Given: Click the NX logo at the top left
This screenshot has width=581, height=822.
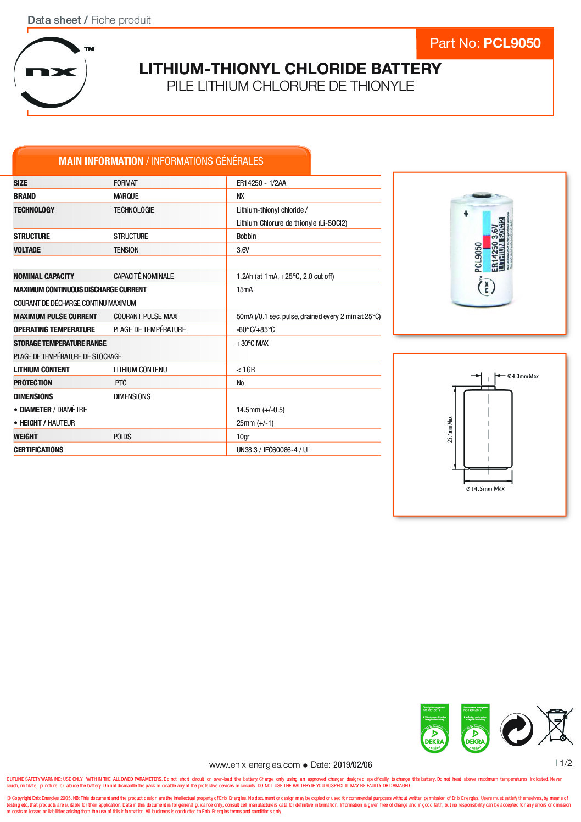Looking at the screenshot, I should click(51, 72).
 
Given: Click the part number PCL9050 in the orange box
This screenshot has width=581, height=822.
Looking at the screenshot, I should click(512, 43).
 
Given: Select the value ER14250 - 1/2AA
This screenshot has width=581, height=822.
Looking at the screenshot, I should click(261, 183).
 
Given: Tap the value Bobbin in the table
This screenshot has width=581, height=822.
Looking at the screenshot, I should click(246, 236).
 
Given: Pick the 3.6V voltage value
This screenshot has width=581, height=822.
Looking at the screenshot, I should click(243, 250).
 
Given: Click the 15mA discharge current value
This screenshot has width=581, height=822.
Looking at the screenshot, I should click(244, 289).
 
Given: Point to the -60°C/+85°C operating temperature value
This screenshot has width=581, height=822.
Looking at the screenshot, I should click(255, 329).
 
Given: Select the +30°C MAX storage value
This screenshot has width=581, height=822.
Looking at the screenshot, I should click(253, 343).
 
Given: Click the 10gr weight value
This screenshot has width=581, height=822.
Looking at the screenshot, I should click(243, 437).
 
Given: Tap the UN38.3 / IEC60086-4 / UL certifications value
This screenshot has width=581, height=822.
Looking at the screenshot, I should click(273, 450).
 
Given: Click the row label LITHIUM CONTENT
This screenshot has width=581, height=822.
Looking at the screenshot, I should click(42, 370).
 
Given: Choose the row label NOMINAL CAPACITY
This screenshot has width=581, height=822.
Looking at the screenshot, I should click(44, 276).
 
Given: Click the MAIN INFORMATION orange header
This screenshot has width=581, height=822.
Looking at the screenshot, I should click(161, 161).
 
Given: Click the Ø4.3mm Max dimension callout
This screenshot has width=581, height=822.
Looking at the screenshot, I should click(523, 376).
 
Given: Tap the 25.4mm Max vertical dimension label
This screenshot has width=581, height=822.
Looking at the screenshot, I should click(450, 429).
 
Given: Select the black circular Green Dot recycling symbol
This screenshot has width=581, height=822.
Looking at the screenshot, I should click(516, 730).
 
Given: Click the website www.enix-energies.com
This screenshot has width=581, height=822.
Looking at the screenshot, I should click(254, 764).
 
